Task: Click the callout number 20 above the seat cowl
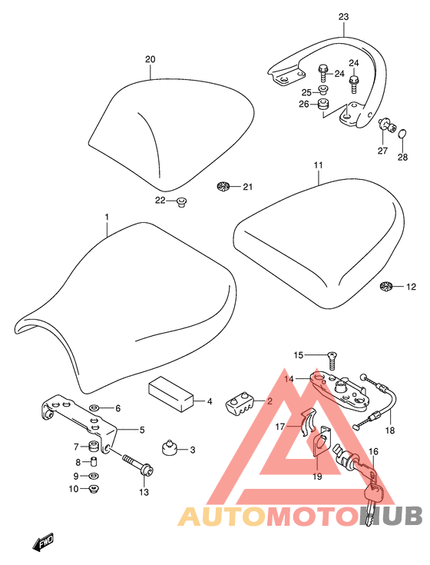click(150, 59)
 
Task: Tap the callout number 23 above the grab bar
click(344, 17)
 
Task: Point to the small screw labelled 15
click(332, 361)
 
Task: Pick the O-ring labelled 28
click(402, 134)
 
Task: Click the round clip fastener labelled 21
click(223, 187)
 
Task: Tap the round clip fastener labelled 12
click(385, 287)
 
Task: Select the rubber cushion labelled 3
click(168, 447)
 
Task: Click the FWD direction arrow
click(44, 542)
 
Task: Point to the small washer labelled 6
click(94, 408)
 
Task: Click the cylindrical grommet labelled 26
click(322, 105)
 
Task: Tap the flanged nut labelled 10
click(94, 489)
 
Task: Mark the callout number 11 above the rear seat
click(318, 165)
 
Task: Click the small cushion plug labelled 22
click(181, 202)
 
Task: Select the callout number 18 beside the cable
click(390, 430)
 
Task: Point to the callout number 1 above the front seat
click(107, 217)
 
